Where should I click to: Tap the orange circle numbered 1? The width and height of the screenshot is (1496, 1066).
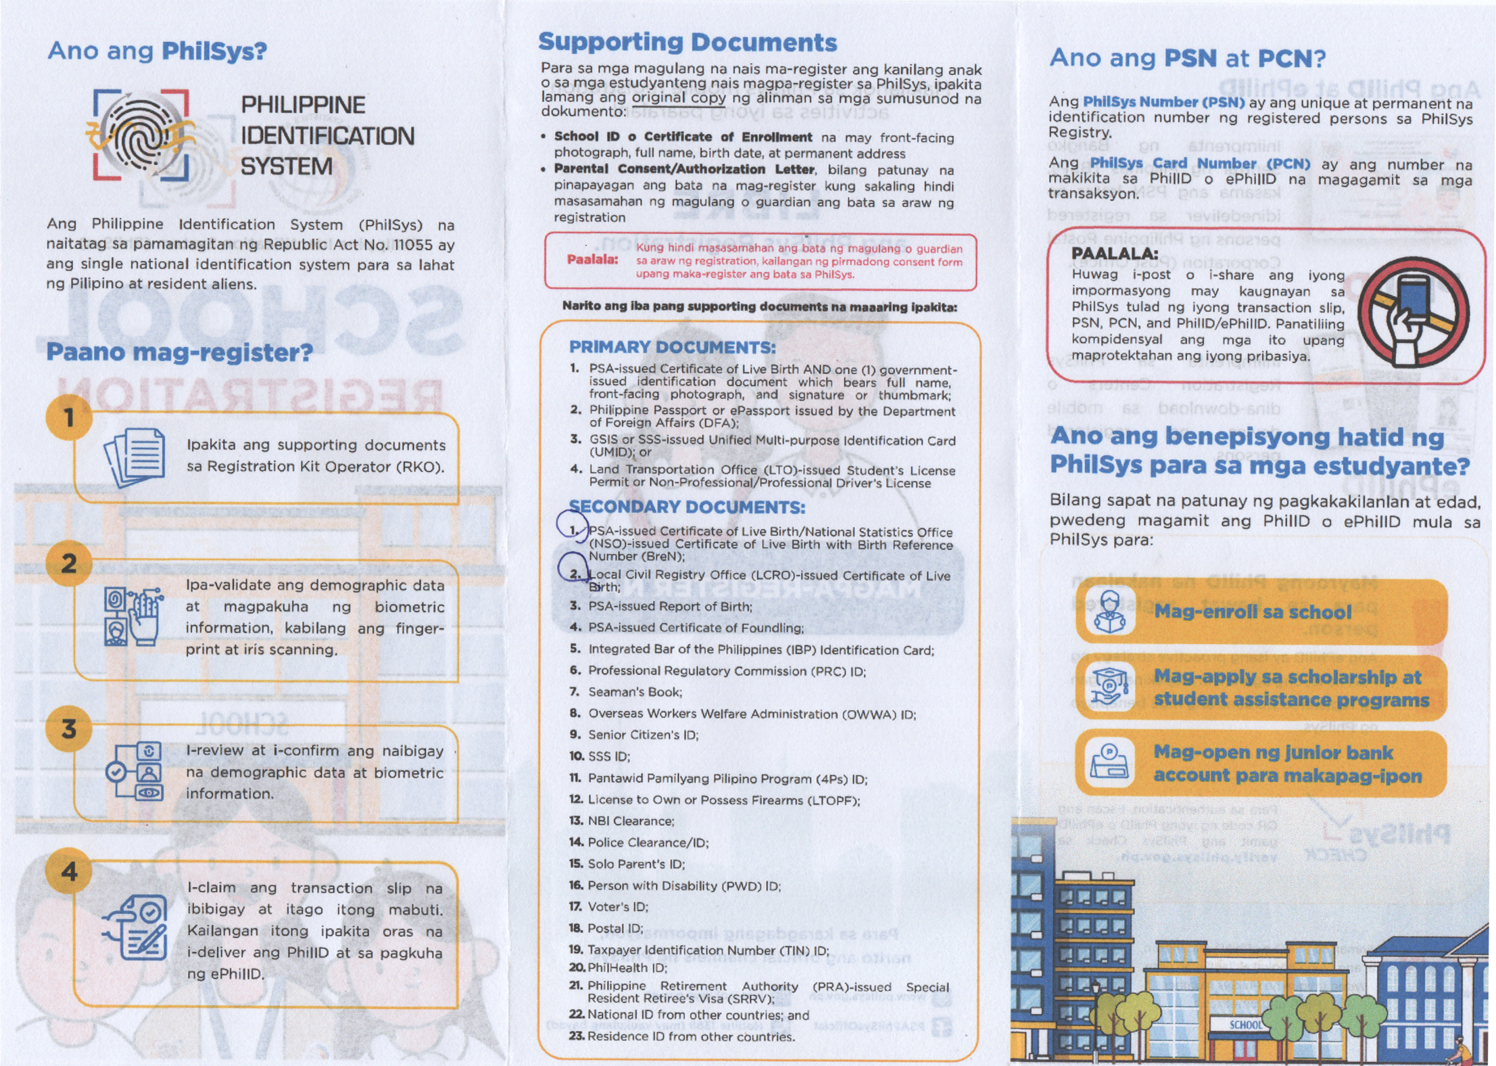click(x=68, y=417)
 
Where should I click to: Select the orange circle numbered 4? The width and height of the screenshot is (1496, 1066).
click(x=69, y=871)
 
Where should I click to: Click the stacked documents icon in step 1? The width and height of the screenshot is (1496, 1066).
click(x=135, y=457)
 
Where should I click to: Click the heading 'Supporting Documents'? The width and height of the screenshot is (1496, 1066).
click(x=687, y=42)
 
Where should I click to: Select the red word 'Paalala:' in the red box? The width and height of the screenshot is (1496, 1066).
click(x=592, y=260)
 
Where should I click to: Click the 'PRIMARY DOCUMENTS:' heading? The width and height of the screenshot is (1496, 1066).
click(x=672, y=347)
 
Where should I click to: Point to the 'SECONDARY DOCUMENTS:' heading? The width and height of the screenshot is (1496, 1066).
click(x=687, y=507)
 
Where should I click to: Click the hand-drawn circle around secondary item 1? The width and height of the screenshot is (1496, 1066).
click(x=572, y=524)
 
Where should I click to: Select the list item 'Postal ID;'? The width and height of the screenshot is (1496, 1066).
click(x=615, y=928)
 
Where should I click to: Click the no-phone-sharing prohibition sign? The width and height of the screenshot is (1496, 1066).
click(x=1414, y=312)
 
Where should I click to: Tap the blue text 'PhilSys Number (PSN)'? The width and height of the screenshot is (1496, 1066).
click(x=1163, y=102)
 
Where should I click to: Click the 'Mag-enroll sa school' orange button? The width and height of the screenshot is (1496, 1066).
click(x=1261, y=611)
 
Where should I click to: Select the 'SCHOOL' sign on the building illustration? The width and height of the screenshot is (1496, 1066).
click(x=1245, y=1025)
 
